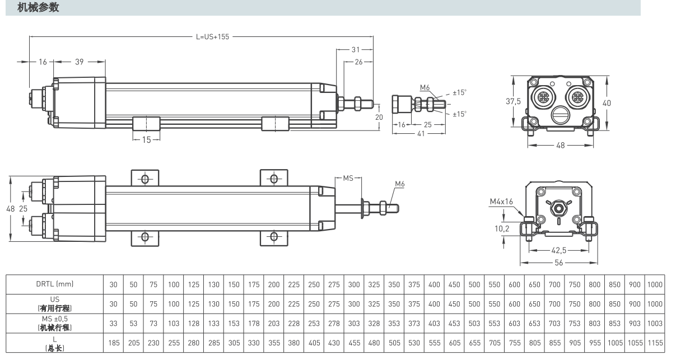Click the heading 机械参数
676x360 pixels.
click(38, 7)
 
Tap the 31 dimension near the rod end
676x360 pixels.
click(356, 49)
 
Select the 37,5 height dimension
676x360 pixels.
click(514, 101)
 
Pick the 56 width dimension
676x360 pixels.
click(558, 261)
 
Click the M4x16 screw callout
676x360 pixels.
click(501, 201)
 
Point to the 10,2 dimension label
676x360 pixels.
click(501, 228)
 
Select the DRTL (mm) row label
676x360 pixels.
click(54, 284)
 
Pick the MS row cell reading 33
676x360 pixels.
click(113, 323)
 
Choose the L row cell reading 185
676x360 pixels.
click(113, 343)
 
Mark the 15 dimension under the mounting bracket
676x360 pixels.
click(146, 140)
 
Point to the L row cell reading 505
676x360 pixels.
click(394, 343)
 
